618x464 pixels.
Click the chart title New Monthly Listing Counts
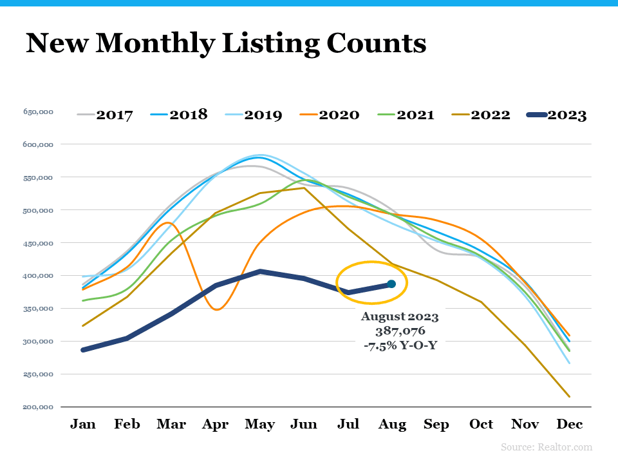click(x=226, y=43)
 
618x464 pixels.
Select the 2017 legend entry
click(x=105, y=115)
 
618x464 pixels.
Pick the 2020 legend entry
click(x=329, y=115)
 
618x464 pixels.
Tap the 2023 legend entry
click(x=556, y=115)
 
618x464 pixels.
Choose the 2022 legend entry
click(x=480, y=115)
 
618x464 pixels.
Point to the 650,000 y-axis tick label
click(x=38, y=112)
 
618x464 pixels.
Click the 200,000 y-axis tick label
click(x=38, y=407)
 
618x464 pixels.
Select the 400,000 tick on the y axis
click(x=38, y=276)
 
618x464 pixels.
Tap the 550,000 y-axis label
click(x=38, y=177)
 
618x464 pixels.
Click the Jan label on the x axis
click(x=83, y=424)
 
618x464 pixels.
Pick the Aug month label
click(x=393, y=424)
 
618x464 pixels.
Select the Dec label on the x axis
click(x=570, y=424)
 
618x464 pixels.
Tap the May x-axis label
click(x=259, y=424)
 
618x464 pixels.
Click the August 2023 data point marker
click(x=391, y=284)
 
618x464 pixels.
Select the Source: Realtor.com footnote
click(x=546, y=447)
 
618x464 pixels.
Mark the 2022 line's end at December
click(x=569, y=396)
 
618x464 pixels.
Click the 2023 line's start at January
click(x=83, y=350)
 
